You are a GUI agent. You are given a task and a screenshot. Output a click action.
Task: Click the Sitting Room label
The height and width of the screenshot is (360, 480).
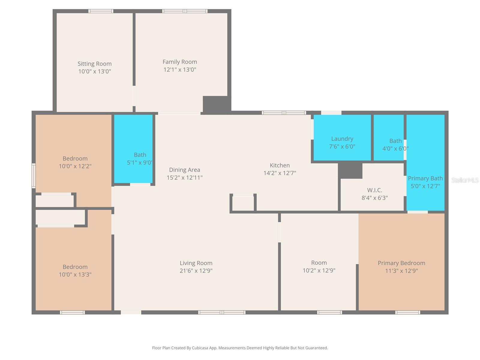[94, 64]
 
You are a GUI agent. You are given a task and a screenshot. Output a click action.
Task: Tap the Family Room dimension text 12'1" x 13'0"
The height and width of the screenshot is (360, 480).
[180, 70]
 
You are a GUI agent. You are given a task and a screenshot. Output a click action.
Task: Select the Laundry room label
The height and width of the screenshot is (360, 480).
[342, 139]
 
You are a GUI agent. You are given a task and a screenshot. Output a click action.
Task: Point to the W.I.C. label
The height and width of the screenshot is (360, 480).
[374, 190]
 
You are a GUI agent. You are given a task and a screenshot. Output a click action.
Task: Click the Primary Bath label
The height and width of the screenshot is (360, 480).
[425, 178]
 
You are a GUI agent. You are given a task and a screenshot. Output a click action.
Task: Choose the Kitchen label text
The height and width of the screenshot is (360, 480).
[280, 165]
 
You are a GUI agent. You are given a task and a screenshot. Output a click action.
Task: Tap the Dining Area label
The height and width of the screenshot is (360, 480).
[184, 170]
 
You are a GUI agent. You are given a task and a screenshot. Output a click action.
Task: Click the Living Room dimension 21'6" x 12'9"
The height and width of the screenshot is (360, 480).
[196, 271]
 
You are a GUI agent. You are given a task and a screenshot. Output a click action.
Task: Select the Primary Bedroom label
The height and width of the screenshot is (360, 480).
[401, 263]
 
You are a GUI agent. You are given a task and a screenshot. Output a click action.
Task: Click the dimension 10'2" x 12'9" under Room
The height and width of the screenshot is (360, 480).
[319, 271]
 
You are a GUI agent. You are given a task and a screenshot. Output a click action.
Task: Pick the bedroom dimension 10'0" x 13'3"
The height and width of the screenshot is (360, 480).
[75, 274]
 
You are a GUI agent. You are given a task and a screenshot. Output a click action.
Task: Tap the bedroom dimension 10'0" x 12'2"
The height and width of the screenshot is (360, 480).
[75, 166]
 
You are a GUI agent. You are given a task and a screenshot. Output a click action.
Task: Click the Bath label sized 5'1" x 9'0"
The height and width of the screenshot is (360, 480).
[140, 155]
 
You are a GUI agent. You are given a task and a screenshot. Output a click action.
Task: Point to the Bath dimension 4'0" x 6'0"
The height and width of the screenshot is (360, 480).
[395, 148]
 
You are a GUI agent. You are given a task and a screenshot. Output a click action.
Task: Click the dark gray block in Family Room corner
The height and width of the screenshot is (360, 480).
[215, 104]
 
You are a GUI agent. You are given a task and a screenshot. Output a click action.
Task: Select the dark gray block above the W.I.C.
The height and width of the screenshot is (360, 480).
[350, 170]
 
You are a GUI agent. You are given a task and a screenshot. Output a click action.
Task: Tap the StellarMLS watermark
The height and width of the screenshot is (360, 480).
[465, 180]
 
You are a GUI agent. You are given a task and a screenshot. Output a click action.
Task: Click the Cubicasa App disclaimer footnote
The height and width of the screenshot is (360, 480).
[240, 348]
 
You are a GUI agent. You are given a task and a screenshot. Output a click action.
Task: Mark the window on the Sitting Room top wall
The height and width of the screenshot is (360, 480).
[101, 11]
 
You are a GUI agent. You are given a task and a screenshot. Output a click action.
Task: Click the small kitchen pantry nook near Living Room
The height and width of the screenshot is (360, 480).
[243, 203]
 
